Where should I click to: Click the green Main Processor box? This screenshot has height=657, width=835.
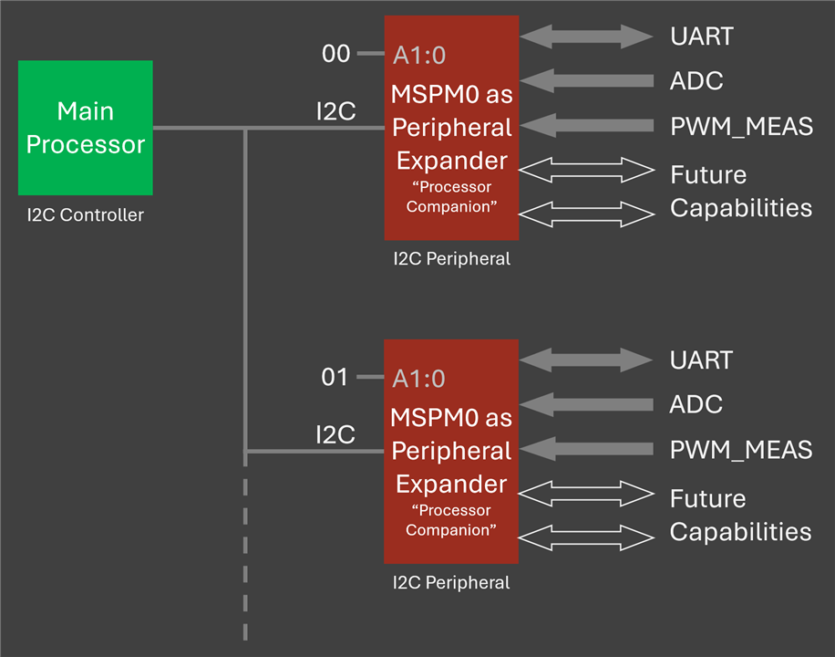pyautogui.click(x=85, y=128)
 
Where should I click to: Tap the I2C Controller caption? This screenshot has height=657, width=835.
pyautogui.click(x=85, y=215)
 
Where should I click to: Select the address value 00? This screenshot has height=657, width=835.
pyautogui.click(x=336, y=54)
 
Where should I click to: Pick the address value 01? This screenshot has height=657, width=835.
pyautogui.click(x=335, y=377)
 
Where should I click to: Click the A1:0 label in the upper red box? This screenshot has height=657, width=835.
pyautogui.click(x=419, y=56)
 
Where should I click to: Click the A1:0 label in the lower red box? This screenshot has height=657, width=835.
pyautogui.click(x=418, y=379)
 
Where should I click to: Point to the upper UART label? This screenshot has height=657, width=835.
pyautogui.click(x=702, y=36)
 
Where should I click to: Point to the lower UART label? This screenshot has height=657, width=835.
pyautogui.click(x=701, y=360)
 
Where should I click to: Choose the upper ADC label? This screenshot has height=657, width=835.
pyautogui.click(x=696, y=81)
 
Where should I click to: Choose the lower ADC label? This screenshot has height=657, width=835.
pyautogui.click(x=696, y=404)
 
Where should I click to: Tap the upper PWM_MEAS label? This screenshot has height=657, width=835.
pyautogui.click(x=741, y=127)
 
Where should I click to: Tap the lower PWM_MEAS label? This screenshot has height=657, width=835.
pyautogui.click(x=741, y=450)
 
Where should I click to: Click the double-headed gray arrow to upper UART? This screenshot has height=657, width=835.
pyautogui.click(x=586, y=36)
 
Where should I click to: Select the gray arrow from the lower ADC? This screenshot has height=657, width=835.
pyautogui.click(x=586, y=404)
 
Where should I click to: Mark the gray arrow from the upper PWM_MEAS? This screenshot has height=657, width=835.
pyautogui.click(x=586, y=126)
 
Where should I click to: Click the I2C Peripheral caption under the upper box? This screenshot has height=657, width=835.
pyautogui.click(x=451, y=258)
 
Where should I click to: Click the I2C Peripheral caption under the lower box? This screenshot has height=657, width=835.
pyautogui.click(x=451, y=582)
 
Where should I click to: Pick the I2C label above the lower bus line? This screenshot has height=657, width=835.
pyautogui.click(x=335, y=434)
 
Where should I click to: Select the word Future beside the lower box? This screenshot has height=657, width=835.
pyautogui.click(x=707, y=498)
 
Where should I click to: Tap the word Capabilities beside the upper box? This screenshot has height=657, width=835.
pyautogui.click(x=741, y=208)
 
